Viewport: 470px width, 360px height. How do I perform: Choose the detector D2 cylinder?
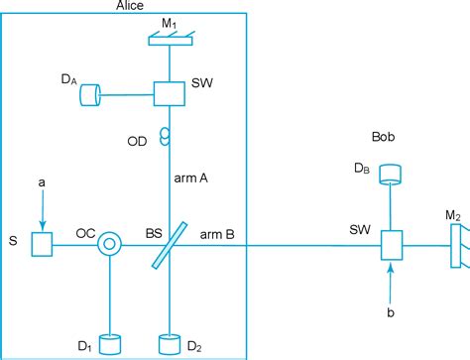170,343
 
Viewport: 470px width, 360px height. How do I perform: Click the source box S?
41,243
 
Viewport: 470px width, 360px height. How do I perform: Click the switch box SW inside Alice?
169,93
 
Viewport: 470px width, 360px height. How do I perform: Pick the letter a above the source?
41,182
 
